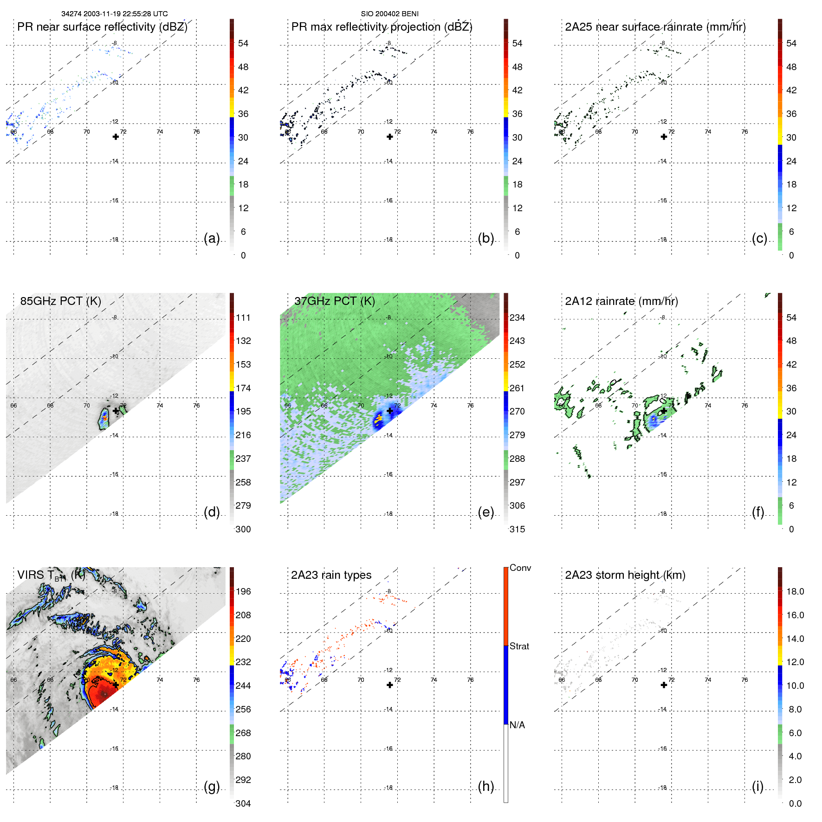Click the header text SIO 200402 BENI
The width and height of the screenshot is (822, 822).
[x=389, y=14]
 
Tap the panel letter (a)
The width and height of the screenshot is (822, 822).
[x=212, y=238]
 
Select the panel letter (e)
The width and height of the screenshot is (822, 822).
[x=485, y=512]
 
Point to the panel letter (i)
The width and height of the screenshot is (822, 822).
[x=757, y=786]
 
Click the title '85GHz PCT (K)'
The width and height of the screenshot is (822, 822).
[x=60, y=301]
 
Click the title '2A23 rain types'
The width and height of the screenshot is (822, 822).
[x=331, y=575]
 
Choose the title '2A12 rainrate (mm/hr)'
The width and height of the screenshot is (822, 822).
[x=621, y=301]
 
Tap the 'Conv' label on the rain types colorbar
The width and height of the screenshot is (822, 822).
[x=520, y=568]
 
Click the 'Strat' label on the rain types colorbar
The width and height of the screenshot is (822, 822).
[x=519, y=646]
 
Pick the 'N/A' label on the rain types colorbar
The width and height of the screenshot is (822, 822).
[x=517, y=725]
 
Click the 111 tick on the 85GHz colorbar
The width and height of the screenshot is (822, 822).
[x=243, y=317]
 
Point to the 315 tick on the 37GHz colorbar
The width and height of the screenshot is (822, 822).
[x=517, y=529]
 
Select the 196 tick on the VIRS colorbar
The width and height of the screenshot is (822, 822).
[x=243, y=591]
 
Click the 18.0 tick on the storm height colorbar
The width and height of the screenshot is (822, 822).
[x=795, y=591]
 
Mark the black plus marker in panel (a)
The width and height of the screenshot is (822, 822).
[x=116, y=136]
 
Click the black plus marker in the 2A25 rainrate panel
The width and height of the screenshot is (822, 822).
[x=664, y=136]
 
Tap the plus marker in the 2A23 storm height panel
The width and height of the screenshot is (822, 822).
[x=664, y=685]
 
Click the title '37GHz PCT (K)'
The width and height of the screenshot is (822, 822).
[x=334, y=301]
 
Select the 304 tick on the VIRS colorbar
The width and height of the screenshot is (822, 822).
[x=243, y=803]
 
